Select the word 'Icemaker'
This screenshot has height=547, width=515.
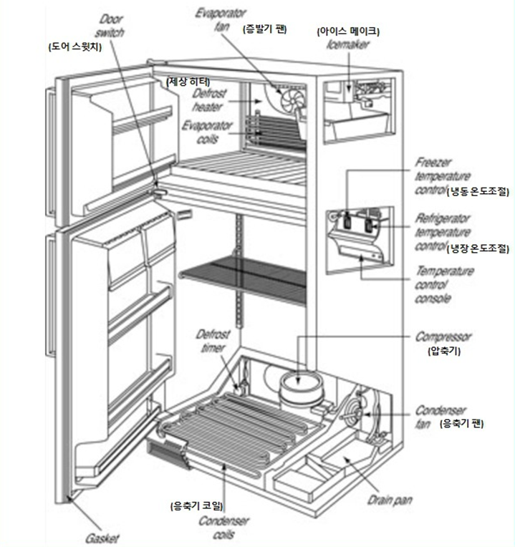point(347,42)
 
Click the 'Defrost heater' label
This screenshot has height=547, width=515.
point(210,100)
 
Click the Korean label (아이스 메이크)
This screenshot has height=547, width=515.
point(348,31)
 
